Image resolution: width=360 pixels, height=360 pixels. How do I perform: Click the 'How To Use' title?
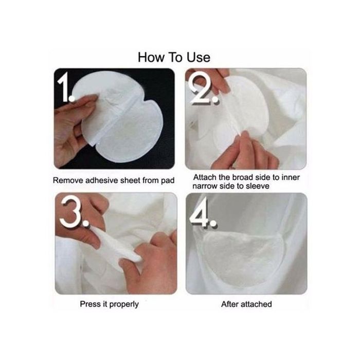click(x=174, y=58)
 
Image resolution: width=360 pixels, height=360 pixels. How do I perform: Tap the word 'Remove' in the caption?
click(x=68, y=181)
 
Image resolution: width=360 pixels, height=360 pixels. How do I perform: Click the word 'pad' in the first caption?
click(x=168, y=181)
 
